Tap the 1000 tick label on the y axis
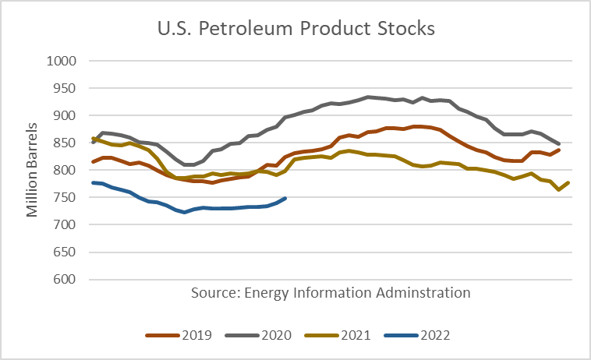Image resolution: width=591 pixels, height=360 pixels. (x=61, y=61)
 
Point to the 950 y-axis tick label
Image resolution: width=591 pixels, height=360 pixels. (x=64, y=88)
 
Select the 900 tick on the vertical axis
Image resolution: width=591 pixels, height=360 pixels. (x=64, y=115)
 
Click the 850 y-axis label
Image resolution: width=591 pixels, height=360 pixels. (x=64, y=143)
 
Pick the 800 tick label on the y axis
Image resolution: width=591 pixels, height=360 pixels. (x=64, y=170)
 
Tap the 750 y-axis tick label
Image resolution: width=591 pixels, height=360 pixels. (x=64, y=197)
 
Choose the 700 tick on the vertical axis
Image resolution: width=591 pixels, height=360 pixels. (x=64, y=224)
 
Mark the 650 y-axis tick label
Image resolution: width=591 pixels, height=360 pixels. (x=64, y=252)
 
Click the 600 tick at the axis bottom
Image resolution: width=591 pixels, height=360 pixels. (x=64, y=279)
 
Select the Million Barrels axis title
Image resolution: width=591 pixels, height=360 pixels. (x=33, y=170)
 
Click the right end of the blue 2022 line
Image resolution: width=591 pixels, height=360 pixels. (x=286, y=198)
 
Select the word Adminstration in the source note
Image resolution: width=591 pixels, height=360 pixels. (x=429, y=293)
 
